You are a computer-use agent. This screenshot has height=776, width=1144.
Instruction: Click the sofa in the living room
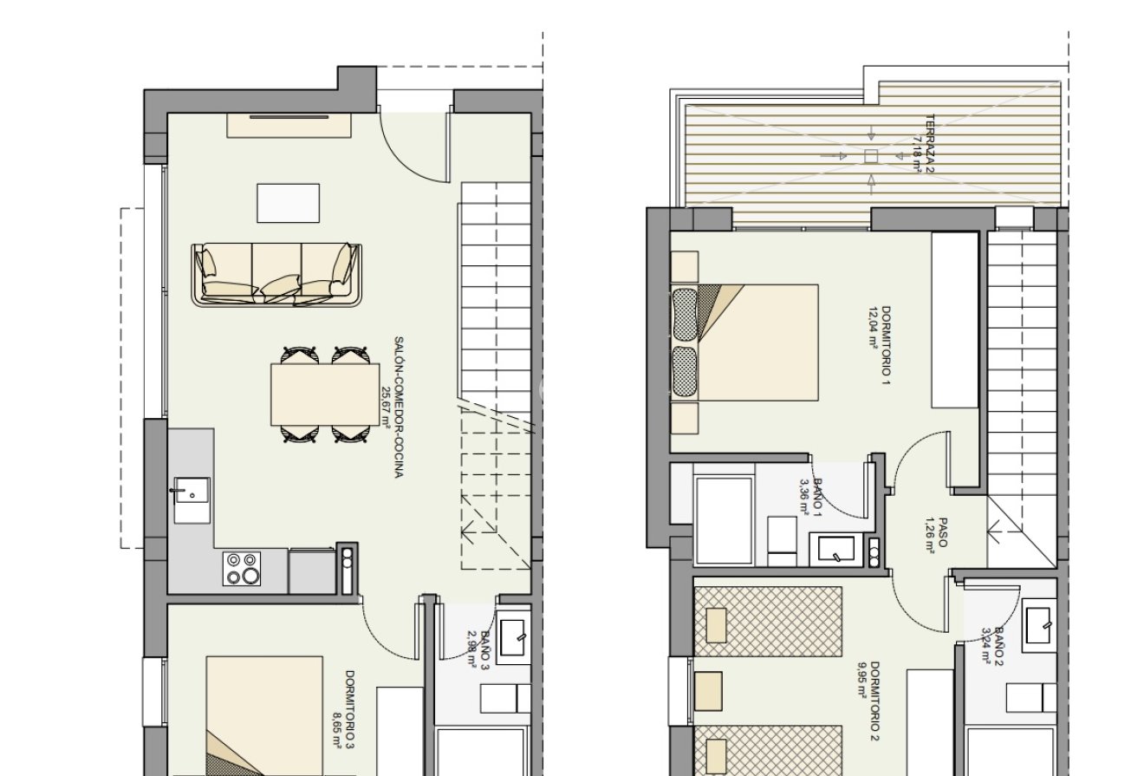276,274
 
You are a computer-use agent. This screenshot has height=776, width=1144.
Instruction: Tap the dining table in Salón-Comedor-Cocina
325,395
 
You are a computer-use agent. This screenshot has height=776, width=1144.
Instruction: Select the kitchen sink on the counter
192,500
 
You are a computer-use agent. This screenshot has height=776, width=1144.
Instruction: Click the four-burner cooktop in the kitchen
243,569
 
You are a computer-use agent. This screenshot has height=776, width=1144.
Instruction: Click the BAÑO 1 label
811,495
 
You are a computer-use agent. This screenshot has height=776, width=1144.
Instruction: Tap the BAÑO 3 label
478,650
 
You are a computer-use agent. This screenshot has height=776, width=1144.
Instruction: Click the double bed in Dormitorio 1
745,342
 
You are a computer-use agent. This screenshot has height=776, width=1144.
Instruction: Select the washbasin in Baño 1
835,549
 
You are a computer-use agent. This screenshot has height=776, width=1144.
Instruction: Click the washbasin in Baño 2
1037,626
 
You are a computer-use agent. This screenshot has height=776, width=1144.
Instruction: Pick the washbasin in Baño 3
512,636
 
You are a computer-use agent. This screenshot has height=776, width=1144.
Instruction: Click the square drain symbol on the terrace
871,156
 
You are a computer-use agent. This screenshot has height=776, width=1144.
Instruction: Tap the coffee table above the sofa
288,203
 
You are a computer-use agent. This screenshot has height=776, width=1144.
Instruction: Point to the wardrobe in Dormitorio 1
954,320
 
